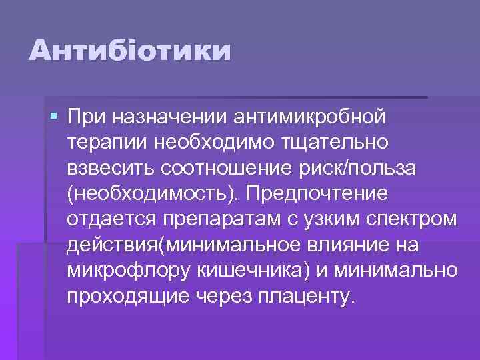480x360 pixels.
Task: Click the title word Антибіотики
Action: pyautogui.click(x=130, y=51)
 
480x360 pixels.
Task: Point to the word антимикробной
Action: pyautogui.click(x=310, y=118)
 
